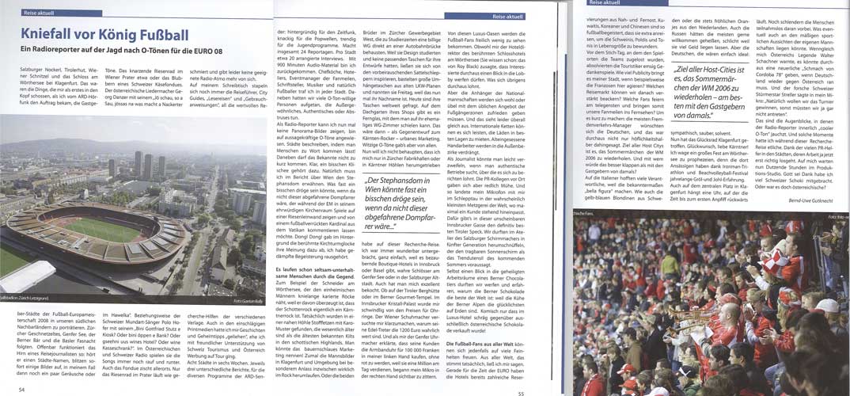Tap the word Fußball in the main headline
pos(165,33)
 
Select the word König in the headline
pos(114,33)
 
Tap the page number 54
pos(22,389)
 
